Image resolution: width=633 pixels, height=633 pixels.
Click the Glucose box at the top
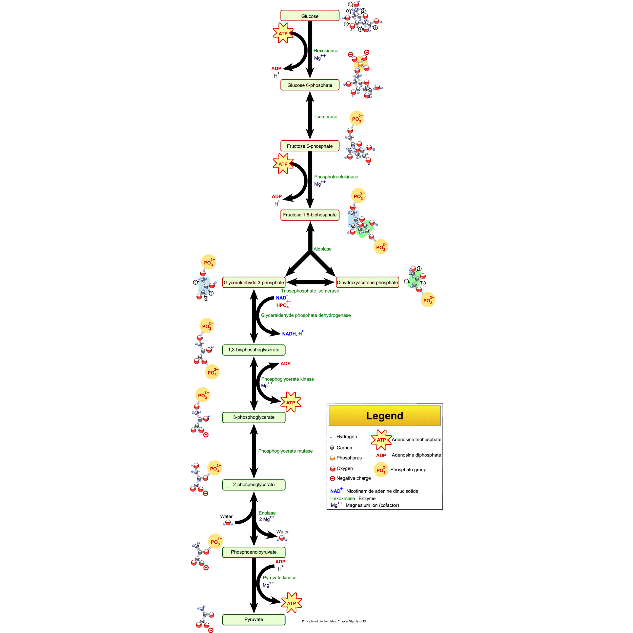tap(310, 16)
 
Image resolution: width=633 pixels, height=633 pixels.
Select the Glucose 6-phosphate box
tap(310, 85)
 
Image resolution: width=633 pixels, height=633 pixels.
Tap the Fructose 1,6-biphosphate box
tap(310, 215)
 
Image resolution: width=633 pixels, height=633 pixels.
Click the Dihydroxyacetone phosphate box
tap(367, 282)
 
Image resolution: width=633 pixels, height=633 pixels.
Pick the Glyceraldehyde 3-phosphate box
tap(254, 282)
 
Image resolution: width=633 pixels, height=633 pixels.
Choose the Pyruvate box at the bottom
tap(254, 619)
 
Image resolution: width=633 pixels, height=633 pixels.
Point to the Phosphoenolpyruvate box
tap(254, 552)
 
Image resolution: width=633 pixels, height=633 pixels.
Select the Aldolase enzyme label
tap(322, 249)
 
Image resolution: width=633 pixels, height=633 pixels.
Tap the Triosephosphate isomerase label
tap(310, 291)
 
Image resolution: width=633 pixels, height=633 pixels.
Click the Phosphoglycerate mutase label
tap(285, 451)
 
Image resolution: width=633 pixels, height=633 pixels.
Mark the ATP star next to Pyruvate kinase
tap(291, 603)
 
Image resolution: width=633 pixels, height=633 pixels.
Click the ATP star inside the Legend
tap(381, 440)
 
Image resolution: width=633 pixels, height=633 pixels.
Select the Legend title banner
tap(385, 416)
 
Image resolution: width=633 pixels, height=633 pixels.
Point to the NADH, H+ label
tap(292, 333)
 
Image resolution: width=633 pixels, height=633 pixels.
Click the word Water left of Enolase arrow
tap(226, 516)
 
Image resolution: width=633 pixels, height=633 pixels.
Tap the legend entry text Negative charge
tap(353, 478)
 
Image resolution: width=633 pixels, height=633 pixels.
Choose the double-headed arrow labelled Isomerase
tap(310, 115)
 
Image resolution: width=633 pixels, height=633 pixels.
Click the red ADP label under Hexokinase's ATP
tap(276, 68)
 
